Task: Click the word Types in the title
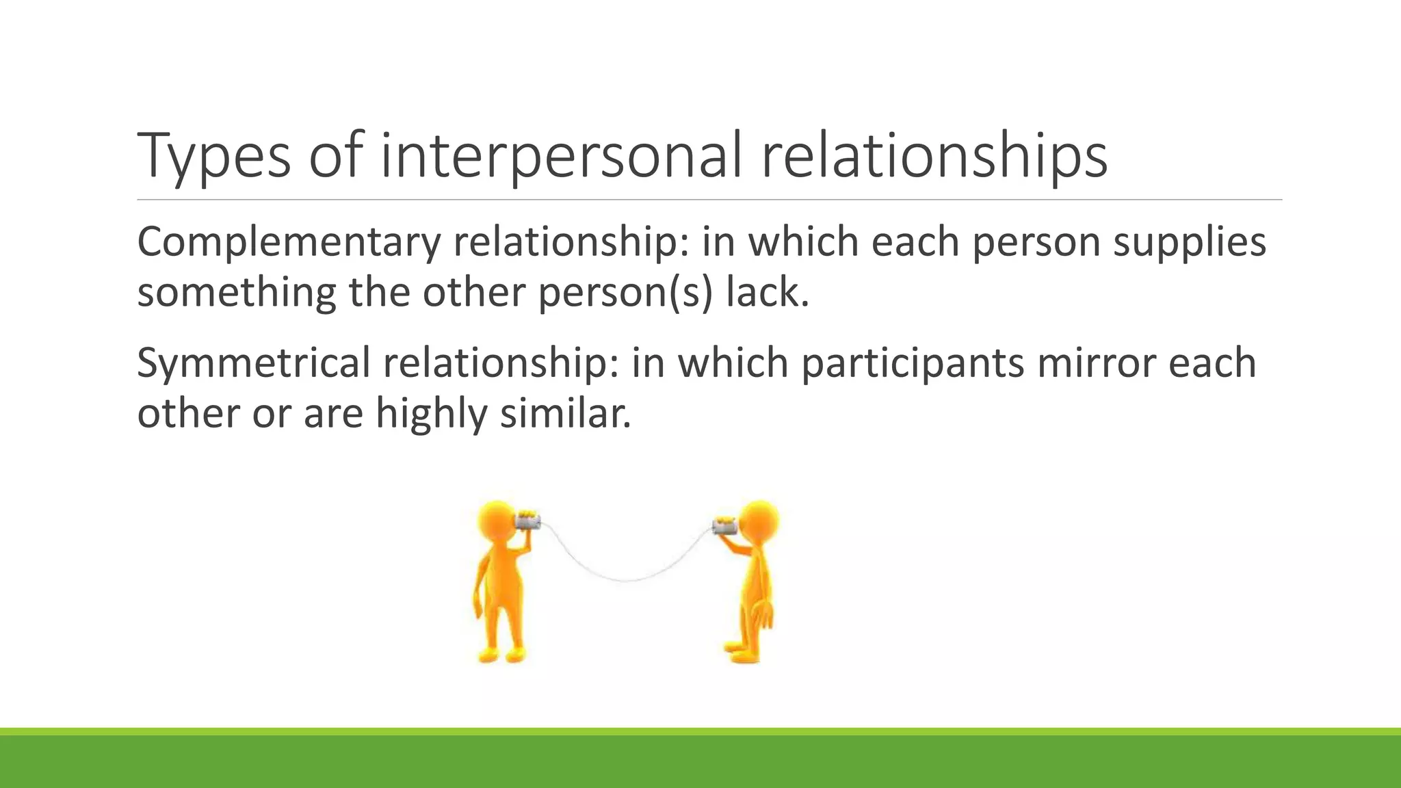click(x=214, y=157)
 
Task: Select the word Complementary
click(x=288, y=243)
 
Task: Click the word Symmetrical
click(x=253, y=363)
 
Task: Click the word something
click(x=237, y=293)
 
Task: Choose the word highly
click(x=431, y=415)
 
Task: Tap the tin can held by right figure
click(x=724, y=525)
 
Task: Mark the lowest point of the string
click(x=627, y=581)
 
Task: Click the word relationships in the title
click(x=934, y=157)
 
